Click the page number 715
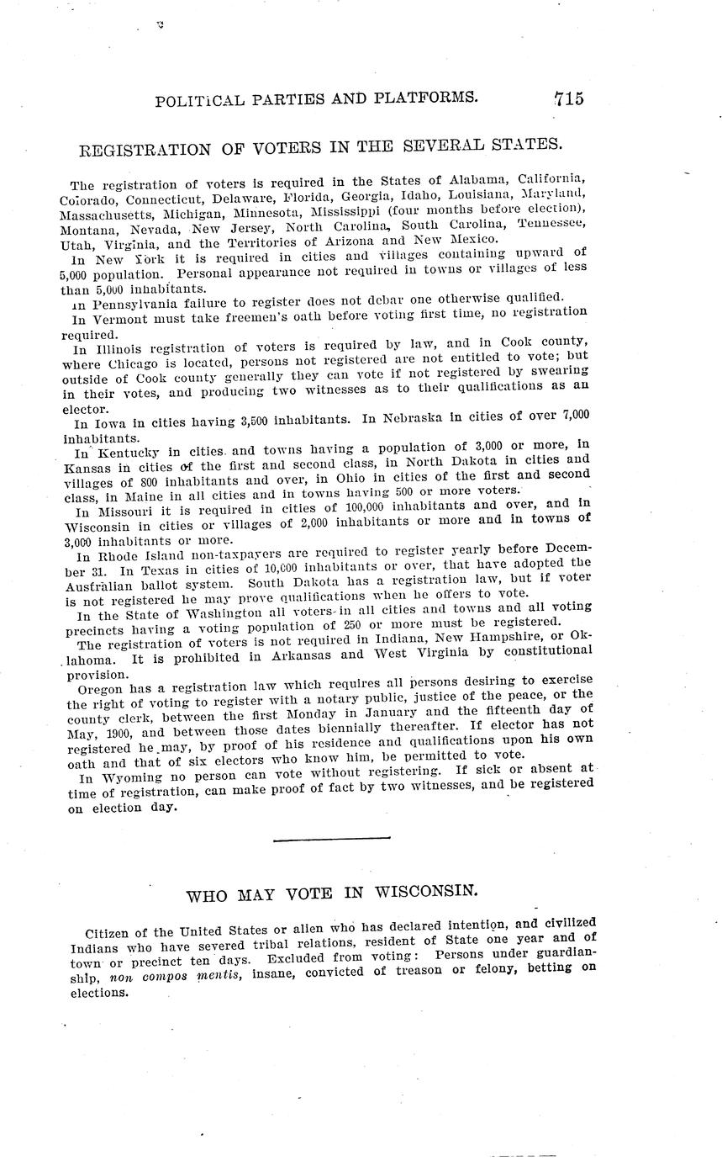(568, 98)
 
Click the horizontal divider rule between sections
(332, 838)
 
